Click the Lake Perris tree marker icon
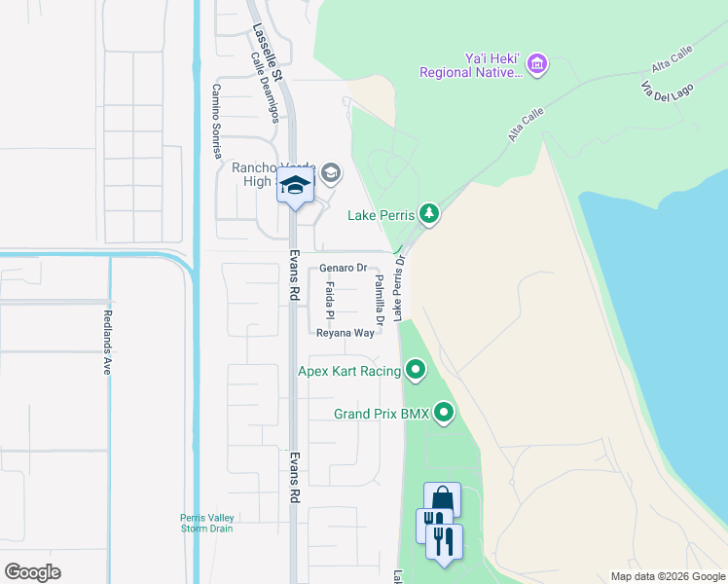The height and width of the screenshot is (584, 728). [x=428, y=213]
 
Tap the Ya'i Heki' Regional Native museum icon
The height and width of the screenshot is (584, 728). [x=538, y=65]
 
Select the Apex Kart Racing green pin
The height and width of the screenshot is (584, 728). [x=417, y=370]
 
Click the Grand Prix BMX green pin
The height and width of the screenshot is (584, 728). [x=444, y=414]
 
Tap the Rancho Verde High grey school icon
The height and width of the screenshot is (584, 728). [x=331, y=173]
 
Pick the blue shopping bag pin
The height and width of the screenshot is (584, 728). [x=442, y=499]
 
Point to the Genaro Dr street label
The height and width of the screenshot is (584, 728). [x=343, y=268]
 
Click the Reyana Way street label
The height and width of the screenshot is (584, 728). [x=346, y=333]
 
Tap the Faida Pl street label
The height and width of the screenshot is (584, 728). [x=330, y=301]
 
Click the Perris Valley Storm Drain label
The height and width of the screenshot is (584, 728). [x=205, y=523]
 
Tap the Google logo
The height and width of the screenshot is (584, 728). [x=32, y=571]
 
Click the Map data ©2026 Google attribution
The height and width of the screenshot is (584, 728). [x=667, y=575]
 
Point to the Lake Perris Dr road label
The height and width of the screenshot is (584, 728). [x=398, y=285]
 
